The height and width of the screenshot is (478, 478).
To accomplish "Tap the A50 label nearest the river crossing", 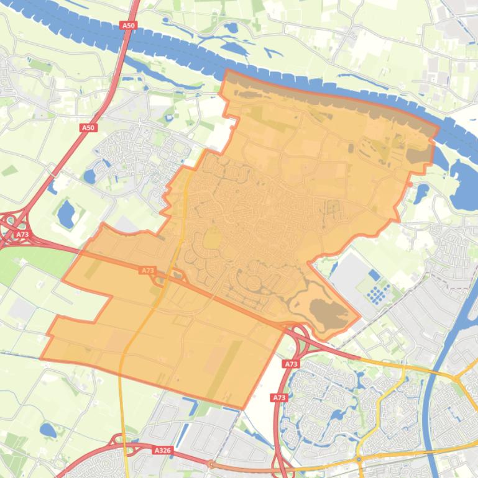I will click(x=128, y=25).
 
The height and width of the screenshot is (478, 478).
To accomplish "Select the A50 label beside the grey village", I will click(x=88, y=127).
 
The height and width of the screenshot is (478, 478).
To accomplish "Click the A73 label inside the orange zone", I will click(x=147, y=271).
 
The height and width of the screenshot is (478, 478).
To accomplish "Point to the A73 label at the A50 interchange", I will click(x=22, y=234).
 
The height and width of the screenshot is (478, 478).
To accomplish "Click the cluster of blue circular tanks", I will click(x=377, y=291).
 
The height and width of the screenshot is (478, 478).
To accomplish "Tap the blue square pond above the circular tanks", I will click(x=374, y=274).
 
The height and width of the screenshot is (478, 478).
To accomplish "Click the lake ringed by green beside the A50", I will click(x=65, y=214).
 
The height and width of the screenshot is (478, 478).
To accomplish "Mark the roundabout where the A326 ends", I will click(x=211, y=464).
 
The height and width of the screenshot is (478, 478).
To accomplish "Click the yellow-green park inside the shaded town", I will click(x=213, y=237).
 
